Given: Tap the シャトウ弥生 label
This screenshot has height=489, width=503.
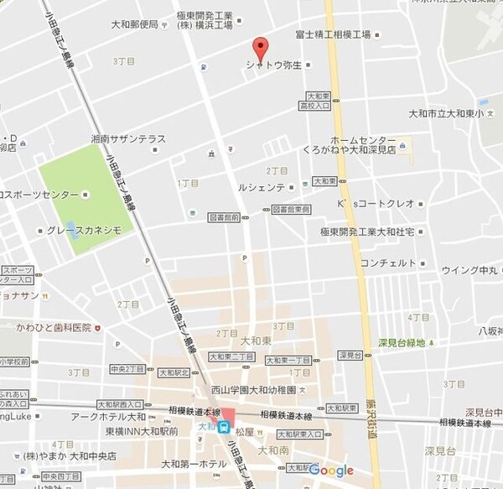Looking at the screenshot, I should click(x=273, y=64).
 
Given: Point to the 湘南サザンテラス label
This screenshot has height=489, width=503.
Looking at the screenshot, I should click(x=129, y=139).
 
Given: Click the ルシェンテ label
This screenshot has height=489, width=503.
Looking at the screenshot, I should click(x=262, y=187).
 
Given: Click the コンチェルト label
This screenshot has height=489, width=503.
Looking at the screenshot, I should click(x=387, y=263).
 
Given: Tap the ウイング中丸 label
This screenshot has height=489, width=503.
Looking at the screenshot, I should click(x=470, y=270).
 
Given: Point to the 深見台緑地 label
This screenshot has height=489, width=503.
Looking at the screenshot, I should click(x=402, y=342).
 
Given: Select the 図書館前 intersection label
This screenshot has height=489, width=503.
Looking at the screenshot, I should click(x=225, y=217).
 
